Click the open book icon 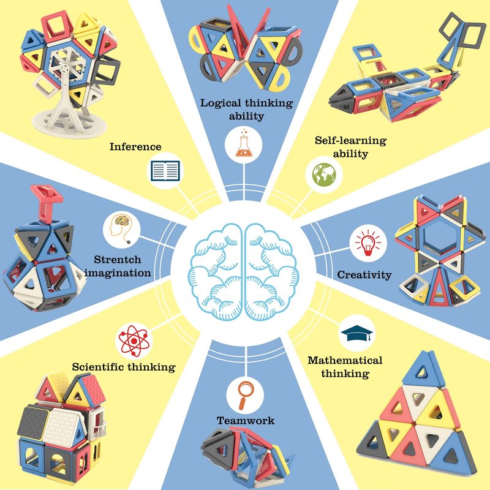(x=165, y=171)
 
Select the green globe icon (x=324, y=175)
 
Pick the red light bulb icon (x=368, y=243)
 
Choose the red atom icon (x=134, y=341)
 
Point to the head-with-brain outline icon (x=121, y=229)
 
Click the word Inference (x=135, y=146)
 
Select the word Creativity (x=364, y=274)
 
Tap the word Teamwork (x=246, y=420)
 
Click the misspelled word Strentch (x=118, y=259)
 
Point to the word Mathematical (x=345, y=360)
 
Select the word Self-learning (x=350, y=141)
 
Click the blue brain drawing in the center (x=243, y=272)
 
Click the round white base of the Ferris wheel (x=69, y=124)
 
